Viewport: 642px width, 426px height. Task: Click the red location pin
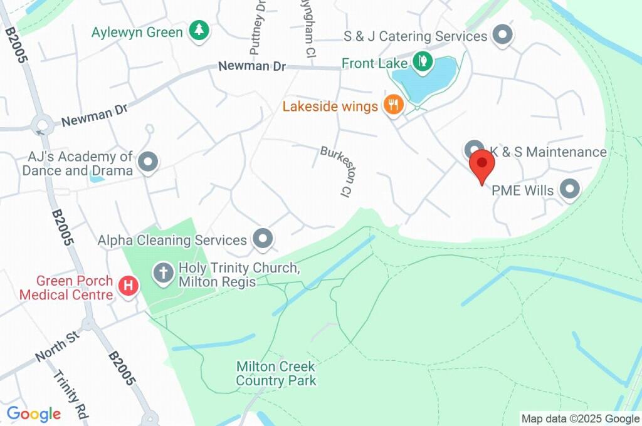(482, 165)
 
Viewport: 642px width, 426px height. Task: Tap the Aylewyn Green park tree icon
(199, 31)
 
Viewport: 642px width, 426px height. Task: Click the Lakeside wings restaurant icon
(394, 105)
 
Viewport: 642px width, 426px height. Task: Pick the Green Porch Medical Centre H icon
(129, 286)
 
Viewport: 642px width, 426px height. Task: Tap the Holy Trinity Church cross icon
(164, 273)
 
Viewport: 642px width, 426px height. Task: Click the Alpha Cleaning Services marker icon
(263, 238)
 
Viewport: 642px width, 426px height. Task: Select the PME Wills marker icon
(569, 189)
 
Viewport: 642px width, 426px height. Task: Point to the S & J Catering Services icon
(502, 35)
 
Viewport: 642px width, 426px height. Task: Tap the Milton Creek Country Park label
(276, 373)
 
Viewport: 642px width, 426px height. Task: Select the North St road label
(56, 346)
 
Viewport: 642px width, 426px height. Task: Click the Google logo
(34, 414)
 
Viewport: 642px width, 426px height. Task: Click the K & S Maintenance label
(548, 152)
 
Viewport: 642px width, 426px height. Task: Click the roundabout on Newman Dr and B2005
(42, 123)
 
